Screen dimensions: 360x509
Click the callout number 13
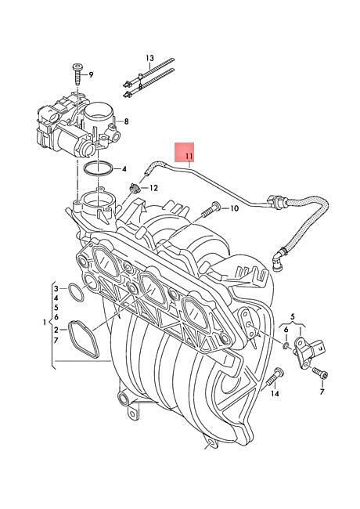(x=149, y=59)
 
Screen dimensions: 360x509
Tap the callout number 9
(x=91, y=74)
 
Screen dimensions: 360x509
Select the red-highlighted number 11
(x=189, y=157)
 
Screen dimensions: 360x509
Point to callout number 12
(x=153, y=188)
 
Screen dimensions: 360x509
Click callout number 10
(x=234, y=208)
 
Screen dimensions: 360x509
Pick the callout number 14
(x=275, y=393)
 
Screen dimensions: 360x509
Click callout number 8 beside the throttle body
(x=126, y=121)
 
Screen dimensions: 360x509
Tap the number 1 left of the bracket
(x=45, y=323)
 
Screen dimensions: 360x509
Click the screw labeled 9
(x=77, y=74)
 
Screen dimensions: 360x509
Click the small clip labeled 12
(x=134, y=188)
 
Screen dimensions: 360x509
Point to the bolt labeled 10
(x=211, y=209)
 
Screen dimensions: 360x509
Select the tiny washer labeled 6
(x=286, y=345)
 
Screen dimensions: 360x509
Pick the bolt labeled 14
(x=275, y=378)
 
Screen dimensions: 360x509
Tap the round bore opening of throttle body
(x=98, y=113)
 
